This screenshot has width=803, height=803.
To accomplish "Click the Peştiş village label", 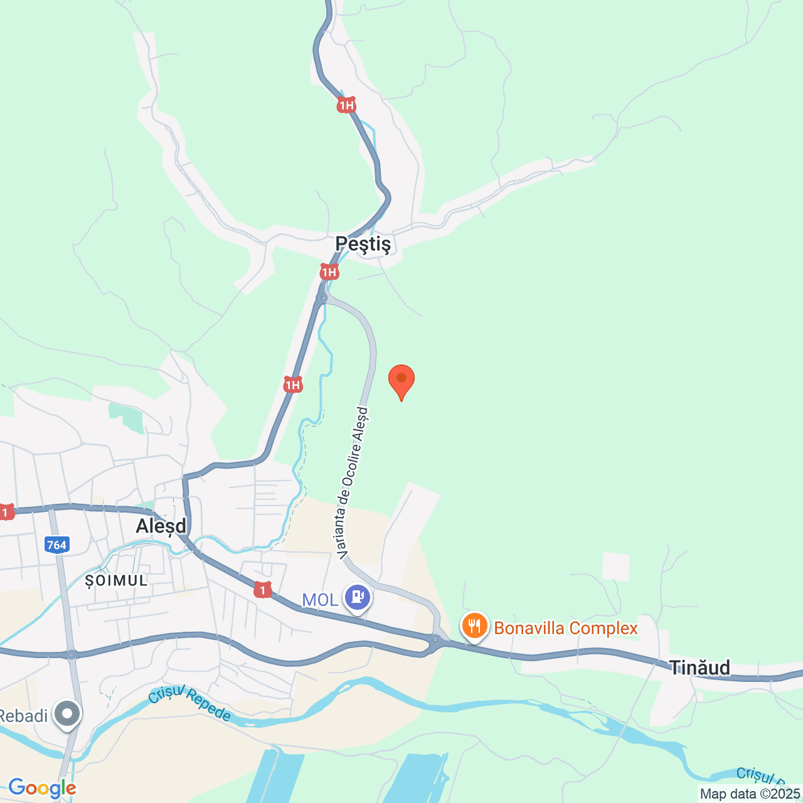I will tap(363, 243).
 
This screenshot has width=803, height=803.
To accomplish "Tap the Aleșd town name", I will tap(161, 526).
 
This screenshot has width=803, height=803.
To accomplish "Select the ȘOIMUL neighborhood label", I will tap(116, 580).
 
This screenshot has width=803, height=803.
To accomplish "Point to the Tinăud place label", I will tap(699, 667).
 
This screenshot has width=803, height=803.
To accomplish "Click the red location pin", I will tap(401, 380).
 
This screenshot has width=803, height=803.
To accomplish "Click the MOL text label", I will tap(320, 600).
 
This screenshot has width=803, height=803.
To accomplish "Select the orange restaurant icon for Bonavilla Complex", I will tap(475, 626).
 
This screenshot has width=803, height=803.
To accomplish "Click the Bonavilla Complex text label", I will tap(566, 628).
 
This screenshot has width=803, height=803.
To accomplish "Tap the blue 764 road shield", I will tap(56, 545).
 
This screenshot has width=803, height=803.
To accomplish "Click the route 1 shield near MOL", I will tap(263, 590).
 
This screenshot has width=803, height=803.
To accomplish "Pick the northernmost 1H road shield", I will tap(346, 105).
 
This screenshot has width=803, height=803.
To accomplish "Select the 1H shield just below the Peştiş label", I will tap(329, 272).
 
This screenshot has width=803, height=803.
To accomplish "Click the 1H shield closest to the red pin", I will tap(293, 385).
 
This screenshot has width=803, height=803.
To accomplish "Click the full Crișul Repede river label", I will tap(190, 704).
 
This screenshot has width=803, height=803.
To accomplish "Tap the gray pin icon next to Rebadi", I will tap(67, 713).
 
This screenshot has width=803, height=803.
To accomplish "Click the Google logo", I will tap(42, 788).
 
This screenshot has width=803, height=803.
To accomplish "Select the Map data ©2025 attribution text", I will tap(750, 794).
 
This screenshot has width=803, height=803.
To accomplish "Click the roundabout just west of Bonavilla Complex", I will tap(435, 641).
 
